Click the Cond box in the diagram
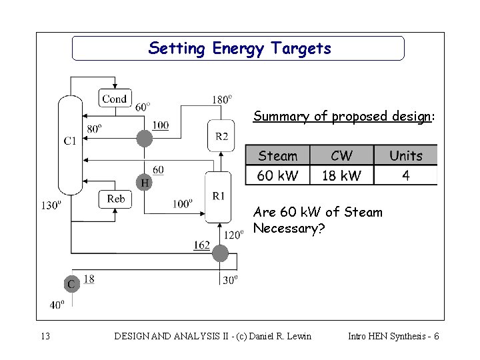[x=114, y=99]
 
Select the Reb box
[x=115, y=199]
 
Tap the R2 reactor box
[x=221, y=136]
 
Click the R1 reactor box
[x=219, y=196]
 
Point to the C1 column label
[x=69, y=140]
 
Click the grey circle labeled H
[x=143, y=181]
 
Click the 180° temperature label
[x=222, y=99]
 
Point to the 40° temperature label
[x=57, y=305]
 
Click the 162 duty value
[x=202, y=247]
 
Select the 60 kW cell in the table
[x=277, y=175]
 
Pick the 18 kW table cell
[x=341, y=175]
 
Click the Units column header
[x=405, y=156]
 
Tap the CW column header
[x=341, y=156]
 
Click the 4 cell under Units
[x=405, y=175]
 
